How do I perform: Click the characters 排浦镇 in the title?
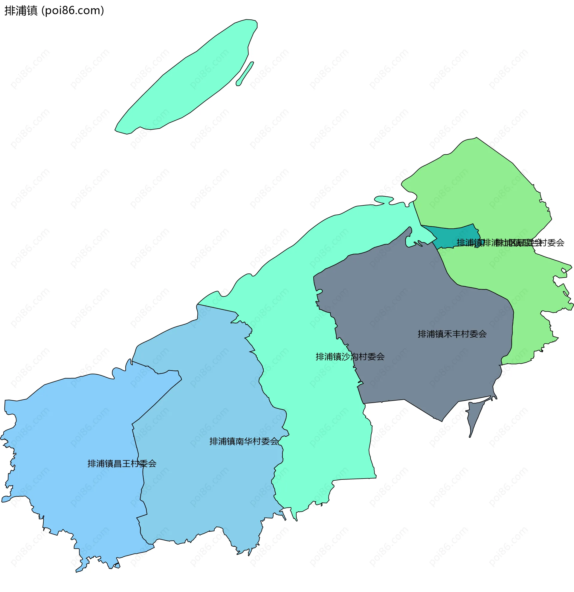coord(21,10)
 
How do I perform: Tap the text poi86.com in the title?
coord(73,10)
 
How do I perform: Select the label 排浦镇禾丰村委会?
coord(452,334)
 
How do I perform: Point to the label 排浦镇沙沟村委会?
coord(350,357)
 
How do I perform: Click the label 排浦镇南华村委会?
coord(244,442)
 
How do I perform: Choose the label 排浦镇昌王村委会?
coord(122,464)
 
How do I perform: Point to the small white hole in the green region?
coord(564,270)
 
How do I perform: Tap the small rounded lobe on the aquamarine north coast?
coord(384,199)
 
